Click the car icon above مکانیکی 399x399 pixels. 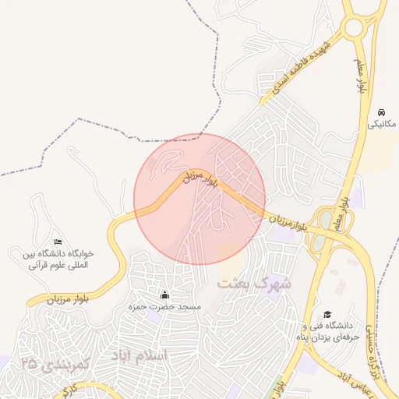tap(381, 111)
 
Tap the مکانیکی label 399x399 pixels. tap(381, 124)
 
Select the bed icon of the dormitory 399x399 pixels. tap(57, 242)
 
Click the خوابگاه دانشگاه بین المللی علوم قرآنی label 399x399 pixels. tap(57, 260)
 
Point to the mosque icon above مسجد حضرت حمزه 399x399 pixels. tap(164, 295)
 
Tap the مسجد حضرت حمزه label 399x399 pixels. tap(164, 307)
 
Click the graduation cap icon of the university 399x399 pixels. tap(327, 313)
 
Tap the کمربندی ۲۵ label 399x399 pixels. tap(57, 363)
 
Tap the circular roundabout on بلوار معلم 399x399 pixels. tap(354, 27)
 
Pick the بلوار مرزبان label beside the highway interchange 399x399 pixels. tap(293, 222)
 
